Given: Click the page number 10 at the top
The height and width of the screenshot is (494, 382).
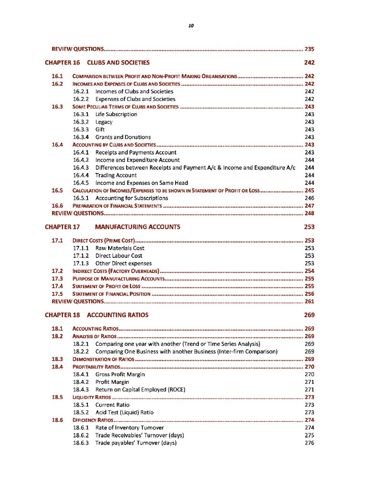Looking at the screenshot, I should (x=191, y=26).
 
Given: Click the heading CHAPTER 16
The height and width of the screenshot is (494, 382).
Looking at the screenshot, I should (x=62, y=62).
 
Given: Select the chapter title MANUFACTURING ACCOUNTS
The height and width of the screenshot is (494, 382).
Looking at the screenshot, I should (x=138, y=227).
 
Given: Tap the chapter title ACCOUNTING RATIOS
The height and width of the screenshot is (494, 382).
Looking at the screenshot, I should (x=118, y=315).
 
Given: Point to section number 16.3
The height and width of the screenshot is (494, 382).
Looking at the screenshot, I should (x=57, y=107).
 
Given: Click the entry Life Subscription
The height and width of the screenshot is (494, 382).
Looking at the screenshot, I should (x=116, y=114).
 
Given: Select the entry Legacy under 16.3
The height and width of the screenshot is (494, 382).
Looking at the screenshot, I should (x=104, y=122).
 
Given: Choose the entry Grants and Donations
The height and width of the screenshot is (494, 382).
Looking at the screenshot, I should (x=123, y=137).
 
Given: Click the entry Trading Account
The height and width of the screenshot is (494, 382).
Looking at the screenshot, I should (x=116, y=175).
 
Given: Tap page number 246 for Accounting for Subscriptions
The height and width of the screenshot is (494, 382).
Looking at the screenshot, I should (x=309, y=198).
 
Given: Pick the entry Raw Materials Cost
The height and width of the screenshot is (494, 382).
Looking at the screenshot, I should (x=120, y=248).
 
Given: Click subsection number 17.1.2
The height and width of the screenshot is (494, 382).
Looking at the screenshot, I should (x=81, y=256).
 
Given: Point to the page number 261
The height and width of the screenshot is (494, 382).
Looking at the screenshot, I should (x=309, y=301).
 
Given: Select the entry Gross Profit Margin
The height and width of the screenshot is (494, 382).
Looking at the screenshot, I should (x=120, y=374).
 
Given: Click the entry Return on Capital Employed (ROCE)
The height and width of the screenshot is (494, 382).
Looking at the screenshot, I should (x=140, y=389).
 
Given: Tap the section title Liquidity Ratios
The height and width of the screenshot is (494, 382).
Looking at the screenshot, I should (x=92, y=397).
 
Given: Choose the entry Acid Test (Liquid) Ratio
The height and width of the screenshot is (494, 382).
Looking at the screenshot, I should (x=124, y=413).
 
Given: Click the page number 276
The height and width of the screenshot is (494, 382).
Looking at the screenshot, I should (x=309, y=443).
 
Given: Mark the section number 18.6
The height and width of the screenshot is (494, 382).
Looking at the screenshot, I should (x=57, y=420).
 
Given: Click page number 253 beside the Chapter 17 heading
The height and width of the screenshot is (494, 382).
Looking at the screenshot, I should (x=309, y=227).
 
